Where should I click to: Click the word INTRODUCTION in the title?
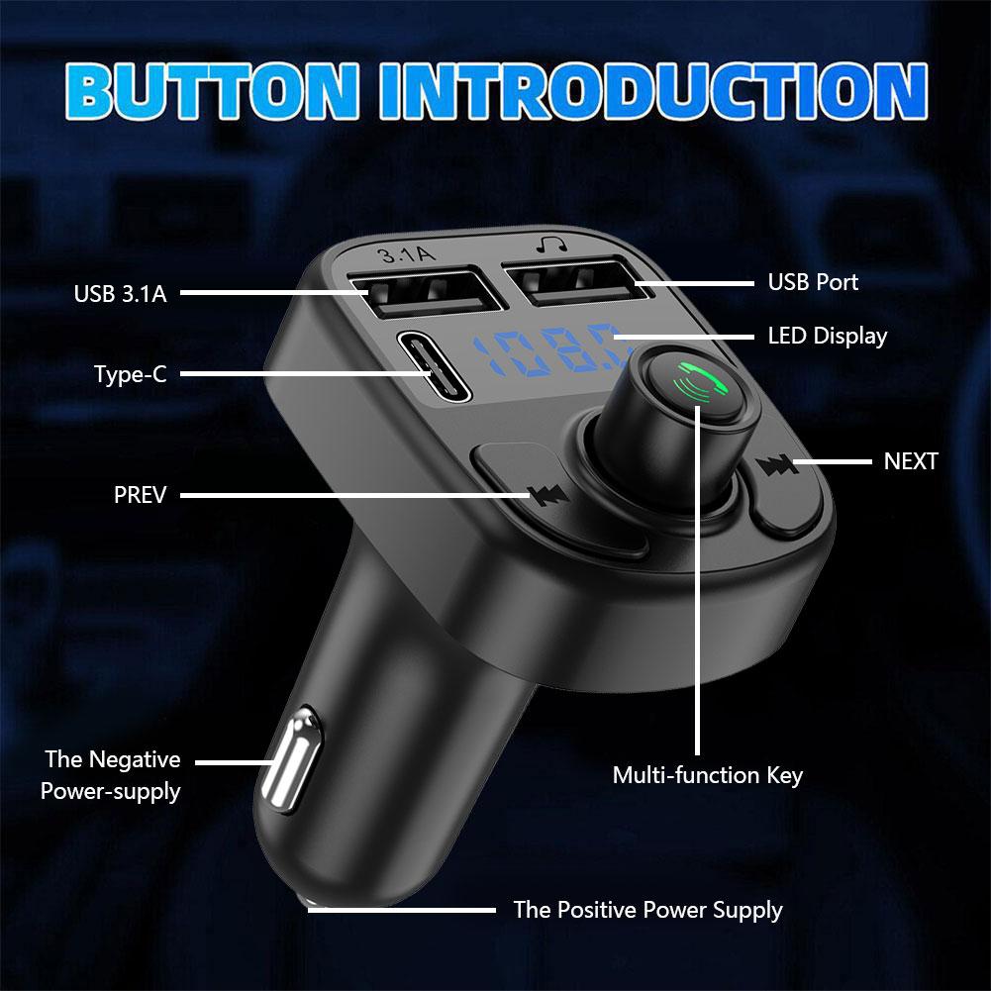652,91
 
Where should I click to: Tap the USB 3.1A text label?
120,294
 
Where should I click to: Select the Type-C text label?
130,375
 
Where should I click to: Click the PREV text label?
141,494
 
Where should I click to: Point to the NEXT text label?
910,461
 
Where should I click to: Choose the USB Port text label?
813,282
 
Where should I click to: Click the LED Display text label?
827,336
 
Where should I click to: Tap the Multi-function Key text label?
707,774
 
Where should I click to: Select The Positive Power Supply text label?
647,910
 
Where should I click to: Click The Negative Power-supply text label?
112,775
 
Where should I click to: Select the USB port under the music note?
568,283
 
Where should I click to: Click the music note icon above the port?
546,244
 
